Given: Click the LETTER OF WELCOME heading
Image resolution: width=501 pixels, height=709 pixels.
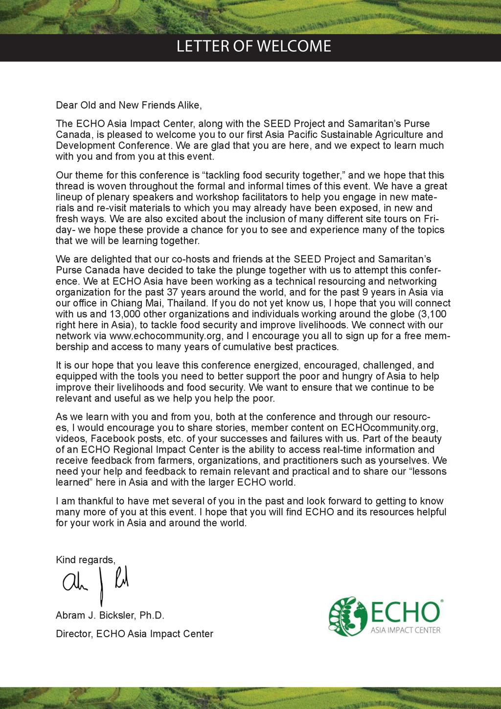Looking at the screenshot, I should click(x=253, y=46).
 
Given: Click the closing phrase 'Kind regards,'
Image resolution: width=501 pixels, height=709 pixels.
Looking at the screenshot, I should click(x=86, y=560).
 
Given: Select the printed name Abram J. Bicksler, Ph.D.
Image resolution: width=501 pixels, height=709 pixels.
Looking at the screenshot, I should click(x=110, y=616).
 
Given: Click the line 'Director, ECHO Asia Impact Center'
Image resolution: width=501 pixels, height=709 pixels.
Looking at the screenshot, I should click(x=135, y=634).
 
